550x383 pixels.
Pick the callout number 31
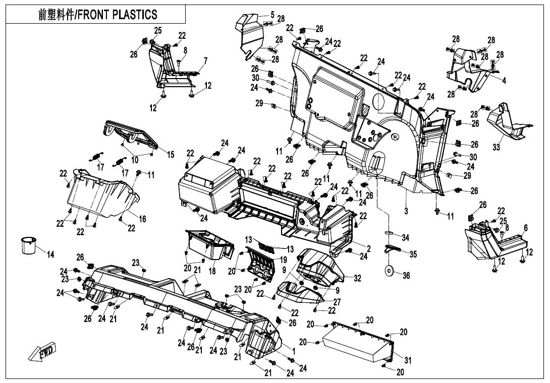click(x=408, y=360)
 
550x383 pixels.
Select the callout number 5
click(x=272, y=15)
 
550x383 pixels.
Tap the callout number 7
click(x=205, y=61)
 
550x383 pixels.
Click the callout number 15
click(x=171, y=154)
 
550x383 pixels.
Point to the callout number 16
click(x=143, y=219)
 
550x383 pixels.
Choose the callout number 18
click(x=212, y=271)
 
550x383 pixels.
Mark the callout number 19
click(x=284, y=259)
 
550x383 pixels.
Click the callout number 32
click(x=357, y=278)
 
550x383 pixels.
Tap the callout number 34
click(x=405, y=237)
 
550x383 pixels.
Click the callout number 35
click(x=413, y=254)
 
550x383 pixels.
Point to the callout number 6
click(x=525, y=228)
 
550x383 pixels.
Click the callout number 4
click(x=504, y=80)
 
